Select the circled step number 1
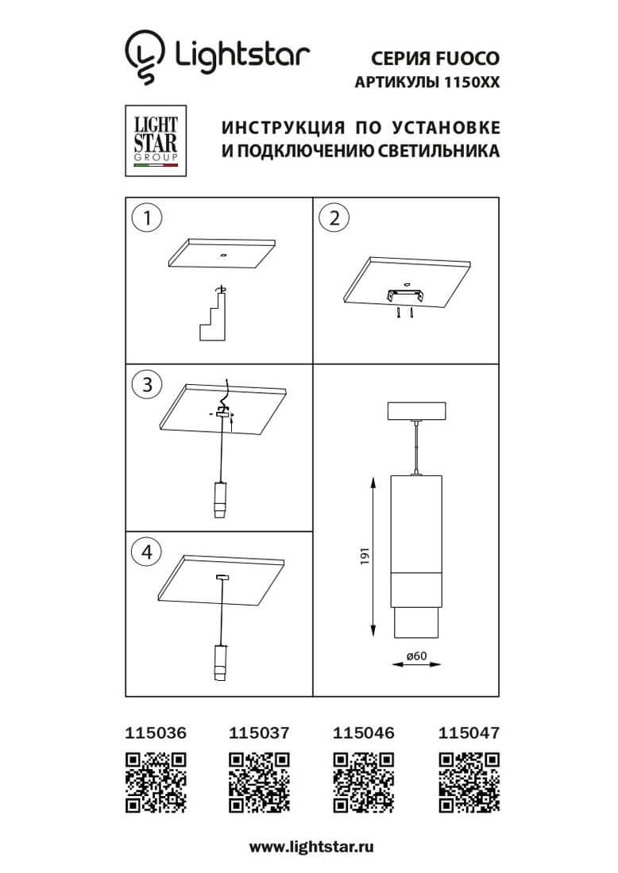tap(146, 217)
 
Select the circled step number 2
tap(334, 217)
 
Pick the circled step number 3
tap(146, 387)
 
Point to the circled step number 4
tap(146, 553)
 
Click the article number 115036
tap(157, 733)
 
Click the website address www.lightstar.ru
tap(311, 846)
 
